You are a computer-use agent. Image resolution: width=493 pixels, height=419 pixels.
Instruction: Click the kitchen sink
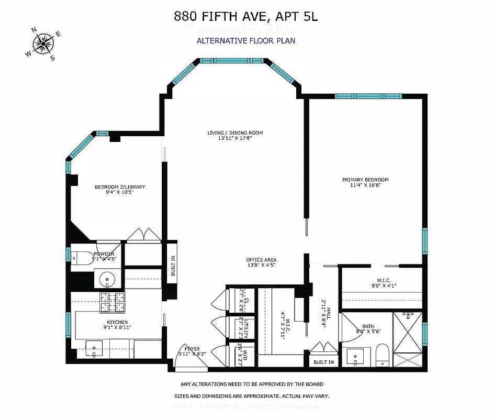tap(94, 349)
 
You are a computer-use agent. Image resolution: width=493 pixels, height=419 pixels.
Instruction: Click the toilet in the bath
tap(382, 356)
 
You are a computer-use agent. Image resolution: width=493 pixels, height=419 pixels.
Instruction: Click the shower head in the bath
tap(407, 316)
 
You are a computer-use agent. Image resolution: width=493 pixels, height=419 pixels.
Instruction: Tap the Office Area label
tap(261, 262)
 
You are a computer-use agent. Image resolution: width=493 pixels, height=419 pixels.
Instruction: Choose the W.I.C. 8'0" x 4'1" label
tap(380, 283)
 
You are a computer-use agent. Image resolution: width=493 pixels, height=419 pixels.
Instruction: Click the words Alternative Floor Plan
tap(246, 40)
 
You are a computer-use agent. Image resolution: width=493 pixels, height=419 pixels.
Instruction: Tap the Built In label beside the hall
tap(324, 362)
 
